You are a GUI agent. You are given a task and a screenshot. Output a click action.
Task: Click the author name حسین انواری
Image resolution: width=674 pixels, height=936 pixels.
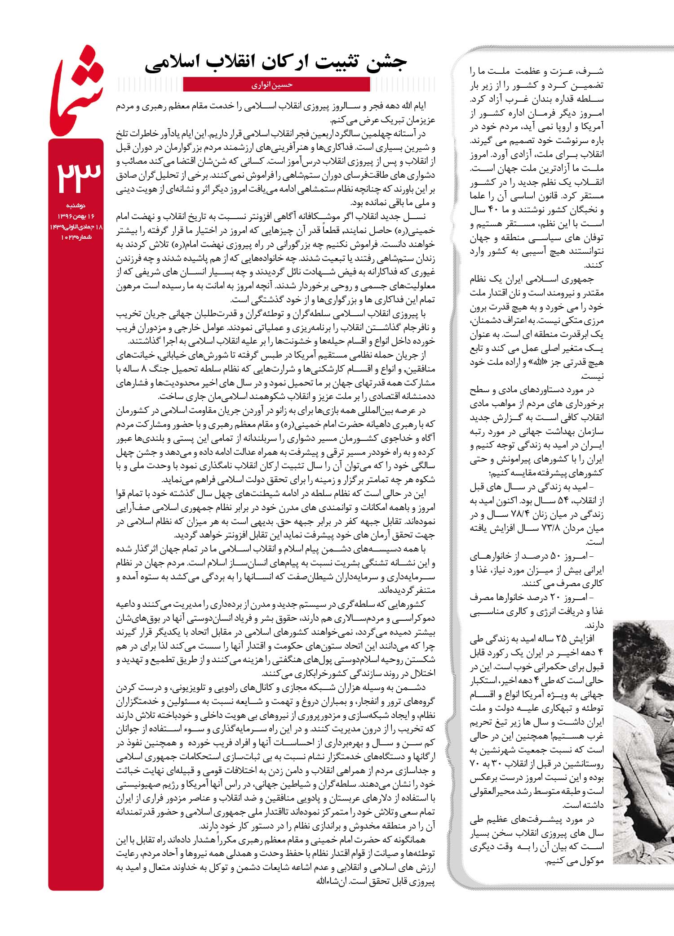276,85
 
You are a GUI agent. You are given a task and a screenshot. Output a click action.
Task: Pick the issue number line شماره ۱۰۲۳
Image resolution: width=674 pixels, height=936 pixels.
76,237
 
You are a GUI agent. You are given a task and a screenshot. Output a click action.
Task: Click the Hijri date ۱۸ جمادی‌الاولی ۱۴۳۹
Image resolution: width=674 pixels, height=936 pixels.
76,227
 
